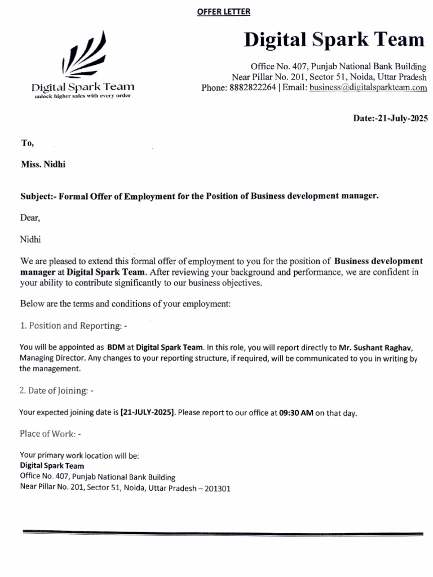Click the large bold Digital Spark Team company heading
pyautogui.click(x=334, y=39)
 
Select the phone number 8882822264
pyautogui.click(x=253, y=87)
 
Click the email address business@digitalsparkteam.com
pyautogui.click(x=368, y=87)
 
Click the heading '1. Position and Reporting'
pyautogui.click(x=73, y=326)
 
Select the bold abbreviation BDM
pyautogui.click(x=116, y=347)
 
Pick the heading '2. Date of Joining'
pyautogui.click(x=56, y=390)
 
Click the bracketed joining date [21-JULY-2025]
pyautogui.click(x=148, y=412)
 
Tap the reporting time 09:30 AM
pyautogui.click(x=296, y=412)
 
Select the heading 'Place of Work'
pyautogui.click(x=51, y=433)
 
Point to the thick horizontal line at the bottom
pyautogui.click(x=222, y=532)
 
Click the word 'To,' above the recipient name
pyautogui.click(x=27, y=143)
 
